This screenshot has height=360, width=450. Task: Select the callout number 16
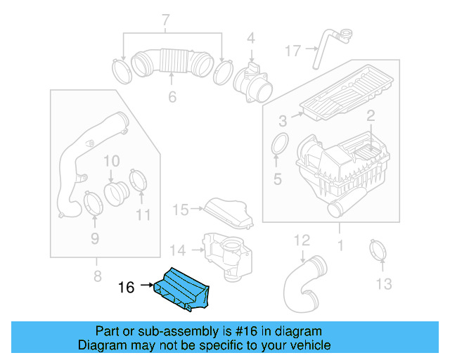click(126, 287)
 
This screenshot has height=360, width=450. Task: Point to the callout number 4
click(250, 37)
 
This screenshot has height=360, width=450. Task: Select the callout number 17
click(293, 51)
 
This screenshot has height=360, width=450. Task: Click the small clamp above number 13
click(380, 250)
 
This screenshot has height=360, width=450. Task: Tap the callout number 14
click(178, 250)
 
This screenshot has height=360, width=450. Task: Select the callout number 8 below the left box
click(98, 275)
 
